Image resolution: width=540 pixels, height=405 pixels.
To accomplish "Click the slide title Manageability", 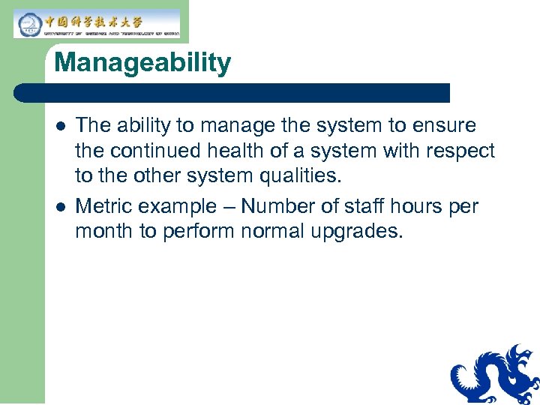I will [142, 63].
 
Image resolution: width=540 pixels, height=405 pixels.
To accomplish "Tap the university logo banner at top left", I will [97, 24].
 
